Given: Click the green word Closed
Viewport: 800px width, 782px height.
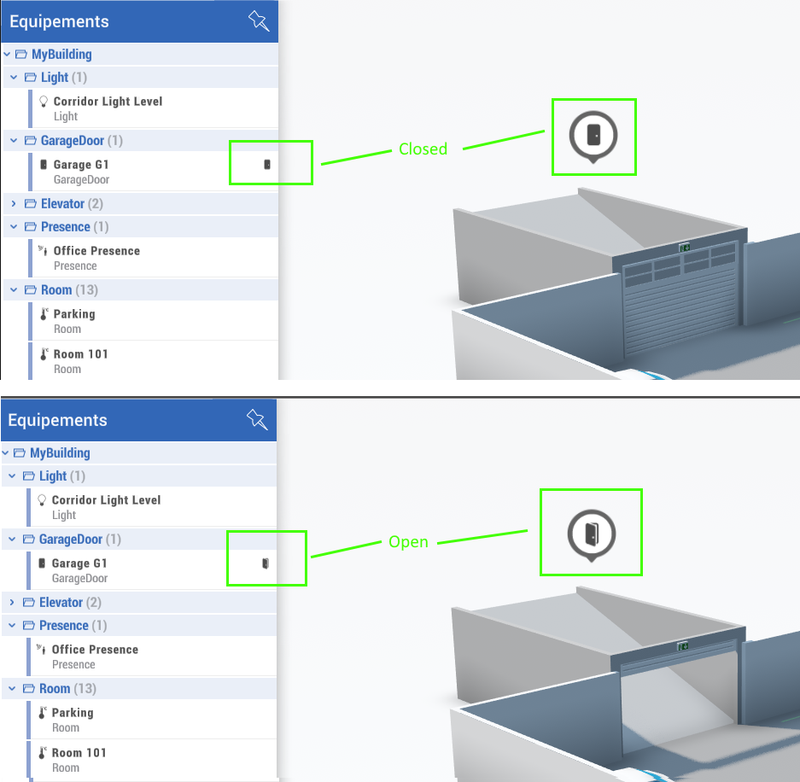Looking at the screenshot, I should (x=423, y=149).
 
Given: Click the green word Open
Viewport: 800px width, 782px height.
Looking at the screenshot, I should (x=408, y=542).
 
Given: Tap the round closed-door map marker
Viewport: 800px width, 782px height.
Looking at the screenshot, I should (x=593, y=134).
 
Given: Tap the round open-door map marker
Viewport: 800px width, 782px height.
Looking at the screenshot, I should (x=592, y=534).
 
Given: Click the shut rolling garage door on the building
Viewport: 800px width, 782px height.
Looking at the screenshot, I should (x=680, y=312).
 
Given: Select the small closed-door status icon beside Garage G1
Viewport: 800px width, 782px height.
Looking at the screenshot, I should (x=267, y=164).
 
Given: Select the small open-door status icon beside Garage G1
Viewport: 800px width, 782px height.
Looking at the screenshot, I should (x=266, y=563).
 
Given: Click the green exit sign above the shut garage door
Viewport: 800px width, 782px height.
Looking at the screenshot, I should (x=685, y=247).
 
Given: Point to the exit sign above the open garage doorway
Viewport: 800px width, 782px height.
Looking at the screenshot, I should (x=683, y=647).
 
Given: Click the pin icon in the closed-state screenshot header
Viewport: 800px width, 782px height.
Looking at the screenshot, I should (x=258, y=20).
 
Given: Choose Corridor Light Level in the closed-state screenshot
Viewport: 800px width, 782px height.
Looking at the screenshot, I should (x=108, y=102).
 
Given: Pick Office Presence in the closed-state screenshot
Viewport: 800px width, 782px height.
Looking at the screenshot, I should (x=96, y=251).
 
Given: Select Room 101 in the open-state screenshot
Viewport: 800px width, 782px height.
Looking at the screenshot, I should (x=79, y=753).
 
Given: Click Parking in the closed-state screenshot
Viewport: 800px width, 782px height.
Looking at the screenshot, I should (x=74, y=314).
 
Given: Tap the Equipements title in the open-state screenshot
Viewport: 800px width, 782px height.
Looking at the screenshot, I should (x=57, y=420).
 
